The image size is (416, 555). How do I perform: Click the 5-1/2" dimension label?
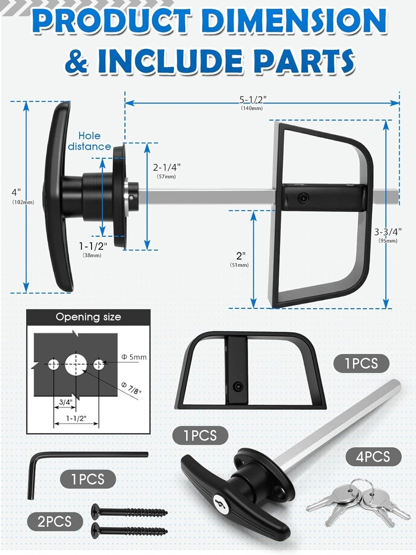coord(253,100)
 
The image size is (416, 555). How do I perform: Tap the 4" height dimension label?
coord(16,192)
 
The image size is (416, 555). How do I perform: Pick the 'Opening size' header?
coord(88,317)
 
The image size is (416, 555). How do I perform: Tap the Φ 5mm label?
coord(134,357)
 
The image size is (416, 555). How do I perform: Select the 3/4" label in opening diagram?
coord(65,402)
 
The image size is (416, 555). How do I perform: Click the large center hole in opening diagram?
coord(76,364)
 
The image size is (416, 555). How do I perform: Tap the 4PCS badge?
coord(373,456)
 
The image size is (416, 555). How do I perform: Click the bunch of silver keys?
coord(357,501)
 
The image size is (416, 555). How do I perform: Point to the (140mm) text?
coord(252,108)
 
